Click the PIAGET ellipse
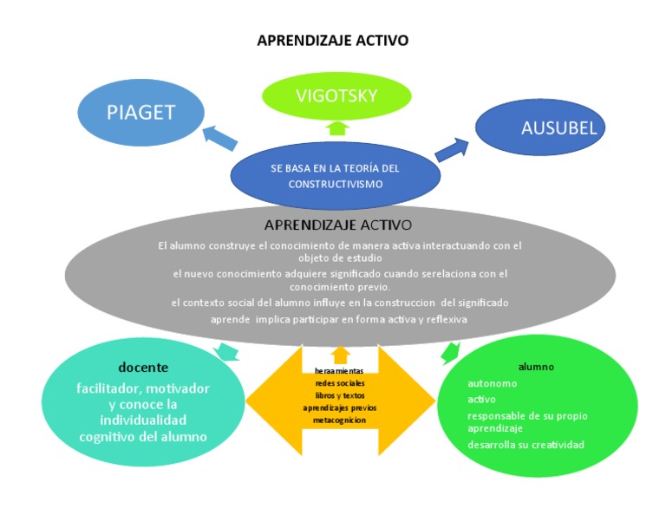point(140,112)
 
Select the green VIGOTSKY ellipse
point(336,96)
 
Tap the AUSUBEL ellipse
point(539,128)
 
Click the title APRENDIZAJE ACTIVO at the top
point(333,41)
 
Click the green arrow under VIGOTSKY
point(338,128)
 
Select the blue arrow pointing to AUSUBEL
point(451,148)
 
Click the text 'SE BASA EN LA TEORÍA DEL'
point(335,168)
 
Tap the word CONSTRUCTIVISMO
point(335,184)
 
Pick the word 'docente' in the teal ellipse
point(143,367)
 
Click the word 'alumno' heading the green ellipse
point(536,366)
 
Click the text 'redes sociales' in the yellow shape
point(339,382)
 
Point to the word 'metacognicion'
point(339,420)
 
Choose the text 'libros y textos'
point(339,394)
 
